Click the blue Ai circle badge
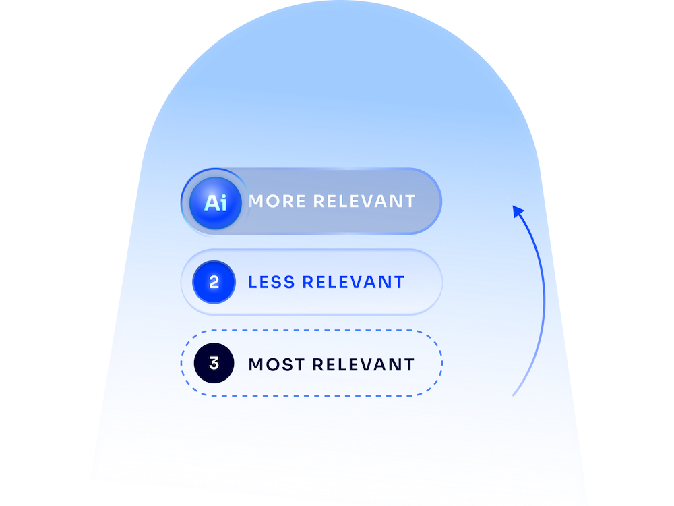(x=216, y=202)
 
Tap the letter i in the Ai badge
(x=222, y=202)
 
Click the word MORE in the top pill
(x=277, y=201)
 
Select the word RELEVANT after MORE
(x=364, y=201)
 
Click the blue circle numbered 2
(x=214, y=282)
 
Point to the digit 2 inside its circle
(x=214, y=282)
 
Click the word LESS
(x=272, y=282)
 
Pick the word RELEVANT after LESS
(x=353, y=282)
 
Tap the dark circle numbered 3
(x=214, y=363)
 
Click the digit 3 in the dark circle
(x=214, y=363)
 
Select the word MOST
(x=277, y=364)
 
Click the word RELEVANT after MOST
(x=363, y=364)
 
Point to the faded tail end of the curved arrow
(x=513, y=395)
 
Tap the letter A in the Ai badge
(x=211, y=203)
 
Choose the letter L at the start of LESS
(x=253, y=282)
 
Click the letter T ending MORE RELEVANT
(x=410, y=201)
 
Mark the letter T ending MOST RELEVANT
(x=408, y=364)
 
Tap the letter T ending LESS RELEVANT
(x=398, y=282)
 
